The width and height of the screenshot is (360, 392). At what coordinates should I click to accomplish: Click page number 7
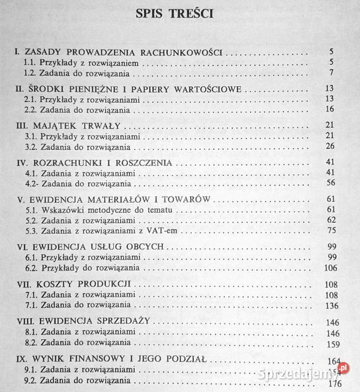(x=331, y=73)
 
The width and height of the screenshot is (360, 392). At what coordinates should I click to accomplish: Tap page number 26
(x=328, y=146)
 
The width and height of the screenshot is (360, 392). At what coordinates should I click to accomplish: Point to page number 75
(x=329, y=230)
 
